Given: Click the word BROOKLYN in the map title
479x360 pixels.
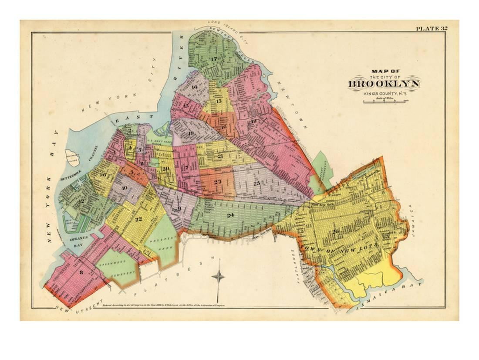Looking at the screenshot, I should click(x=383, y=84).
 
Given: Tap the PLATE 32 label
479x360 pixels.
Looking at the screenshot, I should click(x=431, y=29).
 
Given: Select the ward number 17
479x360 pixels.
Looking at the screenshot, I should click(x=213, y=59).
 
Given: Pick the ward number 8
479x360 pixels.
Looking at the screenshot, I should click(x=81, y=272).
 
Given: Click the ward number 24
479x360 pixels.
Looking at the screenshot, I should click(x=230, y=215).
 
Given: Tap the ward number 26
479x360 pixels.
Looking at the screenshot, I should click(x=335, y=231).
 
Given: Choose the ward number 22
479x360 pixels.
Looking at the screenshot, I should click(x=138, y=219).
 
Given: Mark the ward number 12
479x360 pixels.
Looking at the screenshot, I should click(x=81, y=201).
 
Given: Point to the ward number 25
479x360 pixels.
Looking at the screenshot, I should click(x=256, y=183).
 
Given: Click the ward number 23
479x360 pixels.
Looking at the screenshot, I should click(x=218, y=182).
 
